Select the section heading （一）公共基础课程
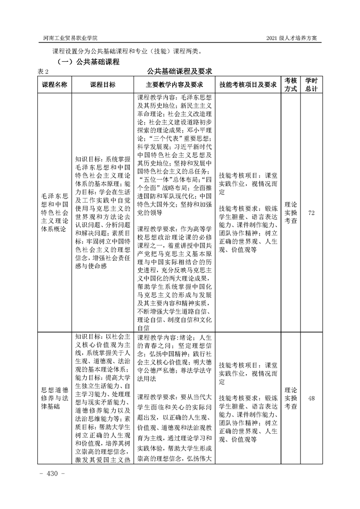pyautogui.click(x=87, y=61)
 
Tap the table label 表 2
pyautogui.click(x=42, y=71)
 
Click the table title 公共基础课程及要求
pyautogui.click(x=180, y=71)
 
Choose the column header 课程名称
pyautogui.click(x=54, y=85)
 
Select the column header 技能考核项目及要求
pyautogui.click(x=247, y=85)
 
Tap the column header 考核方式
pyautogui.click(x=291, y=85)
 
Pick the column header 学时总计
pyautogui.click(x=311, y=85)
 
